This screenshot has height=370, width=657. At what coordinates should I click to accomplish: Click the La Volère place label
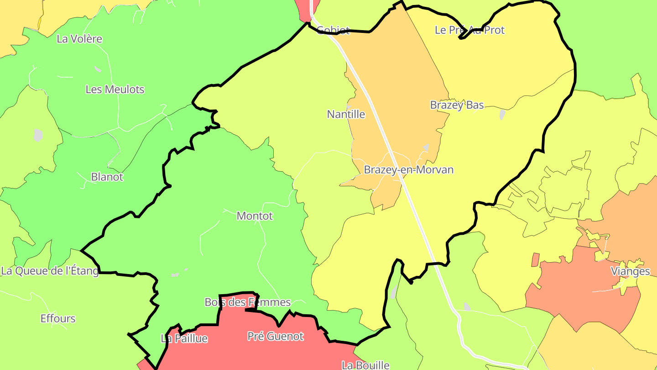[x=79, y=39]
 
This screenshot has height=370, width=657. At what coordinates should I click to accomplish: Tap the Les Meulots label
[x=115, y=90]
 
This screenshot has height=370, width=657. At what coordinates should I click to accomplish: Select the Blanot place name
[x=107, y=177]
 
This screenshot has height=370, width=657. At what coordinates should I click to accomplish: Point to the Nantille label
[x=346, y=114]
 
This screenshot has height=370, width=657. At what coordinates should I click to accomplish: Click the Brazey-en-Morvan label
[x=408, y=170]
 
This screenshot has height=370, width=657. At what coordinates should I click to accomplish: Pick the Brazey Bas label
[x=457, y=105]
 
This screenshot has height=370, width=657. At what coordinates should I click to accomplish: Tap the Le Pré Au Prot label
[x=469, y=30]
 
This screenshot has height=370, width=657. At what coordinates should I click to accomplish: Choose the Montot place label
[x=255, y=216]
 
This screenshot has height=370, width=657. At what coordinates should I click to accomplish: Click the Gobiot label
[x=333, y=31]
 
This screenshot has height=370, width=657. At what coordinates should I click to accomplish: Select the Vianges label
[x=630, y=271]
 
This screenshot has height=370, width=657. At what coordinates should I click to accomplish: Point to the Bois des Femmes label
[x=247, y=302]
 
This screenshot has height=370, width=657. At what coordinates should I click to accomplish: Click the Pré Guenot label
[x=275, y=337]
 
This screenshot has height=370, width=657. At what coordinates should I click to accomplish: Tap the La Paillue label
[x=184, y=339]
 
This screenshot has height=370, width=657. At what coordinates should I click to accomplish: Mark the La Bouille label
[x=365, y=365]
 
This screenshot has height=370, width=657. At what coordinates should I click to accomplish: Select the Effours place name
[x=58, y=319]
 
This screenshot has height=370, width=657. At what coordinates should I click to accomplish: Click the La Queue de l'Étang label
[x=50, y=271]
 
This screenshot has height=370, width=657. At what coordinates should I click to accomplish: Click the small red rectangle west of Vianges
[x=535, y=260]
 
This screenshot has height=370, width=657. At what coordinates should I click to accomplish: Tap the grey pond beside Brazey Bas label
[x=502, y=114]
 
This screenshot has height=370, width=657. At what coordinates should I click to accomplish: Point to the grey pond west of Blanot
[x=38, y=135]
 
